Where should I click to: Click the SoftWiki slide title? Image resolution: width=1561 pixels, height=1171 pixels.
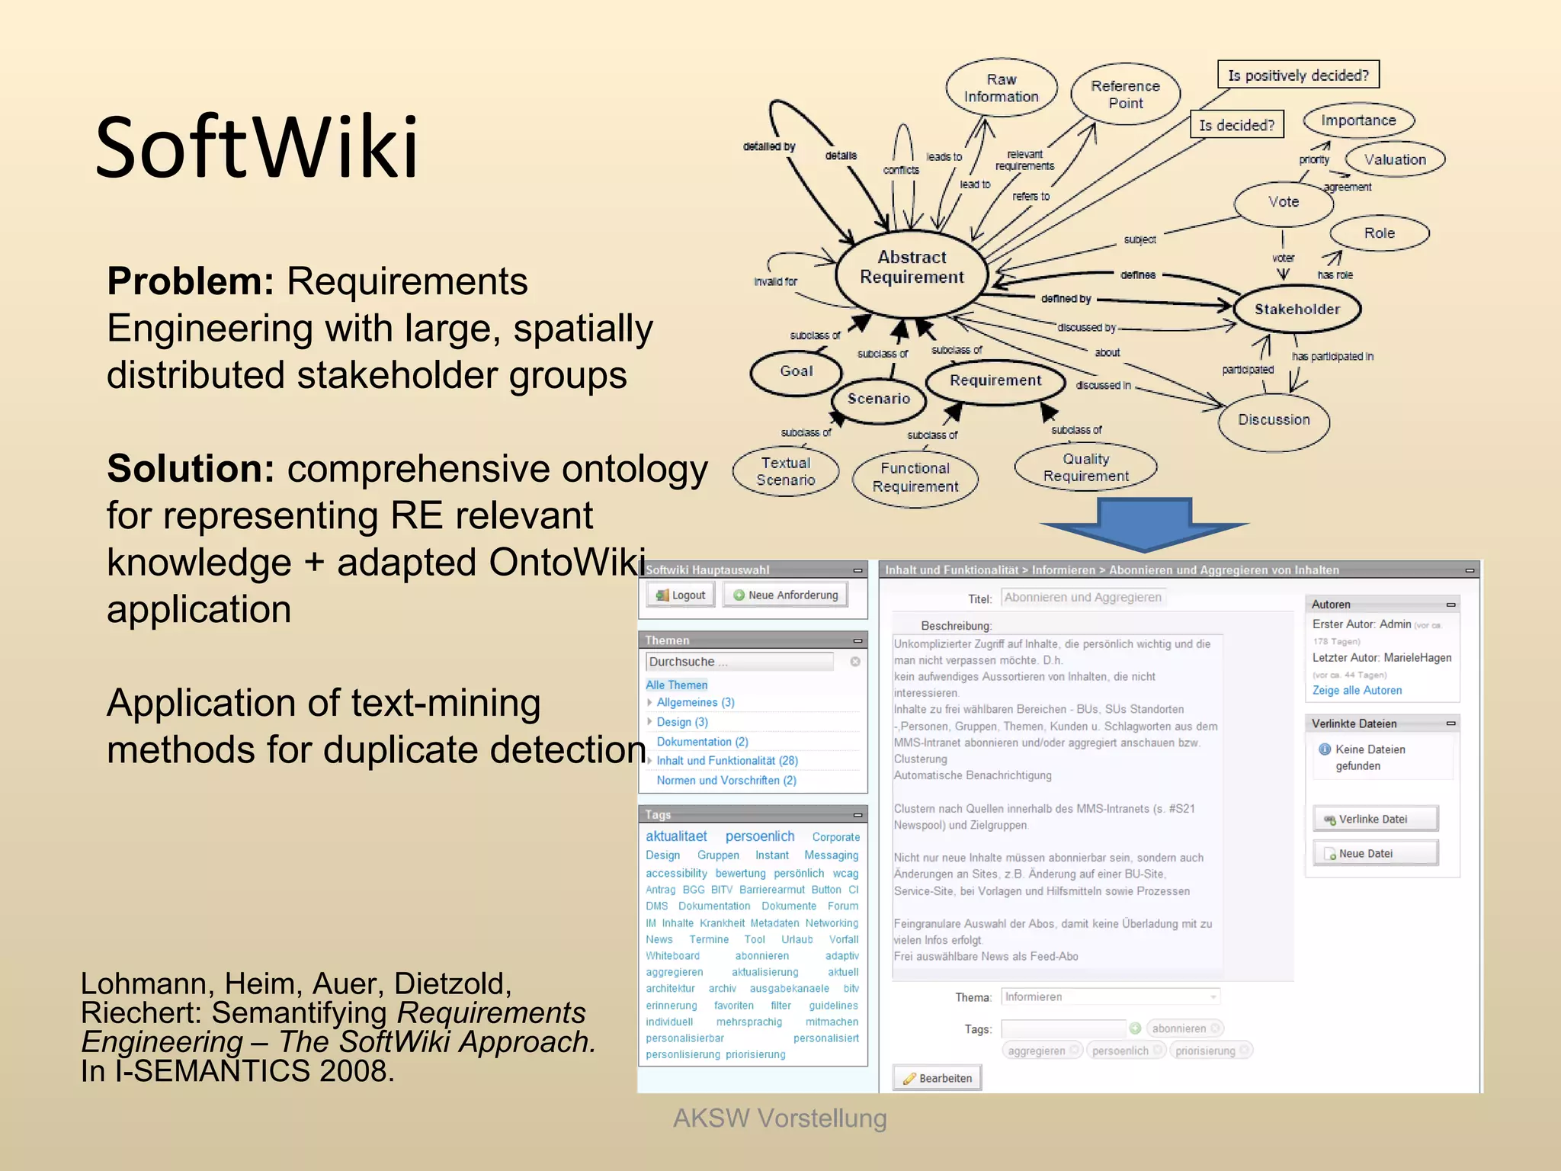(257, 147)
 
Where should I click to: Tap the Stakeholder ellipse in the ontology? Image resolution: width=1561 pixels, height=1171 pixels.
(1297, 309)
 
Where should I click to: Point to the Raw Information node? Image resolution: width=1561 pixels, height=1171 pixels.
(1001, 88)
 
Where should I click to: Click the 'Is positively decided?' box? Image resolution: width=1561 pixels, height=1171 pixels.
(1298, 75)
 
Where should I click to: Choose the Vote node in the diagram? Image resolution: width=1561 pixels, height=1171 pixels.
(1284, 202)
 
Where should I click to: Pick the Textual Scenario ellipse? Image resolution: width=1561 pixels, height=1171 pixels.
(786, 472)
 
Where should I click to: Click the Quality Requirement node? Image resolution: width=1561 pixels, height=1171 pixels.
(1085, 467)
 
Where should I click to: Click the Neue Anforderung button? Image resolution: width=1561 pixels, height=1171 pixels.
(786, 595)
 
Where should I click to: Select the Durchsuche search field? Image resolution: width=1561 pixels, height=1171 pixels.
(739, 662)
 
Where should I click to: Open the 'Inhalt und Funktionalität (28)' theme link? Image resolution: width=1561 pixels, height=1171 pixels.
(727, 761)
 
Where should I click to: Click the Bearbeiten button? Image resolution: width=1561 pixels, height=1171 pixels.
(938, 1078)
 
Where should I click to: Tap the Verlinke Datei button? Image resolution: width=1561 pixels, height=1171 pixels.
(1374, 819)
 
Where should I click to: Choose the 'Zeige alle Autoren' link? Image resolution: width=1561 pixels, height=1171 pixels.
(1357, 691)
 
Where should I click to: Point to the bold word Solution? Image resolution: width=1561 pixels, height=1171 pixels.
(191, 469)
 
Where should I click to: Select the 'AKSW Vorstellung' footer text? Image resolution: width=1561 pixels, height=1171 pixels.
(780, 1118)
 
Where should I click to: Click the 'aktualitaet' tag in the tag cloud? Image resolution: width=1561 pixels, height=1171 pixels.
(676, 836)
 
